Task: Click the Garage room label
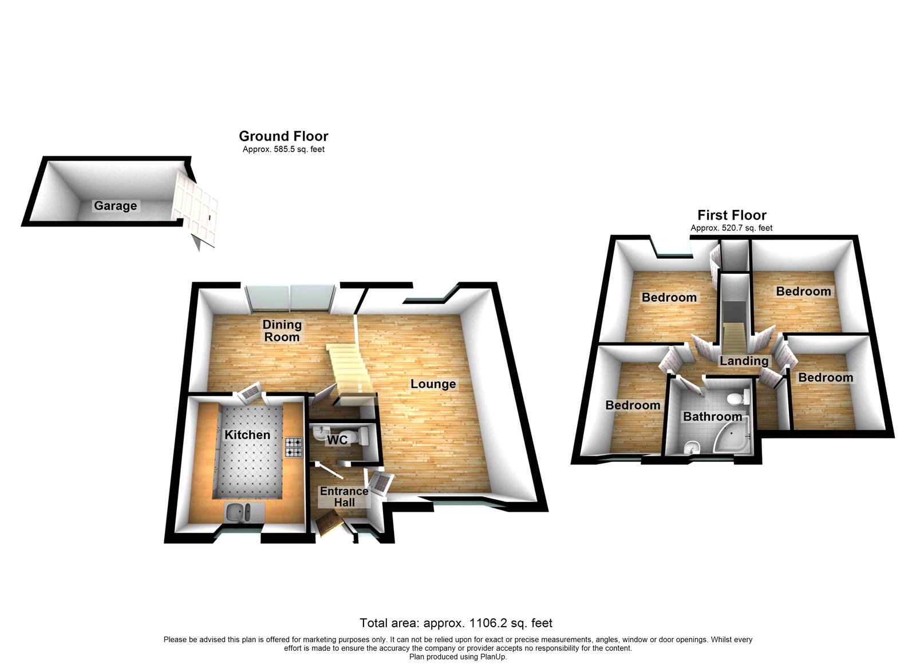(116, 206)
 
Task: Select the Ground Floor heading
(283, 136)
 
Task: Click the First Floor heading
(732, 215)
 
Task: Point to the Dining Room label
(282, 330)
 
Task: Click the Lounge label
(433, 384)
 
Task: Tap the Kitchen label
(247, 435)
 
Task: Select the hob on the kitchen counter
(294, 447)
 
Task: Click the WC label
(337, 440)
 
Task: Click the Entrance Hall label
(344, 496)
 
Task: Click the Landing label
(744, 361)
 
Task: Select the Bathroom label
(712, 416)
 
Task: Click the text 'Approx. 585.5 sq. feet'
(283, 149)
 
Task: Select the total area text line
(456, 623)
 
